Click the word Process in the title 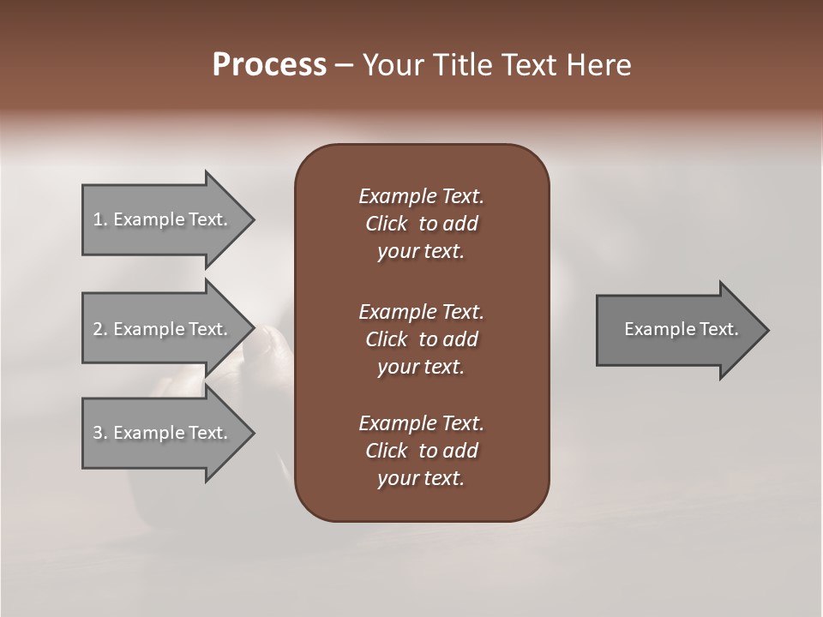tap(269, 65)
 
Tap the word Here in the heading tap(599, 65)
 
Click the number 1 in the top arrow tap(98, 219)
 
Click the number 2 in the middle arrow tap(98, 329)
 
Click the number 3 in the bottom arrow tap(98, 433)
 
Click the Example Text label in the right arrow tap(681, 329)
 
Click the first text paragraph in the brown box tap(421, 224)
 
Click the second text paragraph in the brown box tap(421, 339)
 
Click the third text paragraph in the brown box tap(421, 451)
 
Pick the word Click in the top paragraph tap(386, 224)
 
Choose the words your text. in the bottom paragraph tap(421, 478)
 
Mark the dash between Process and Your tap(344, 65)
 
